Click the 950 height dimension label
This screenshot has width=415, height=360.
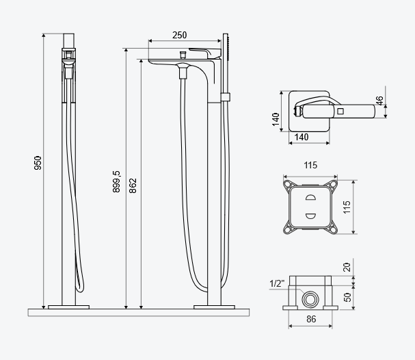click(x=38, y=162)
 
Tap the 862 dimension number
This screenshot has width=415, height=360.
click(x=133, y=185)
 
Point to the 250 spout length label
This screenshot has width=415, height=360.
click(x=179, y=36)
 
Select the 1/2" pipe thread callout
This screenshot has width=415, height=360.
click(x=277, y=283)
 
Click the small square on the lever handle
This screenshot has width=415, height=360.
click(x=340, y=109)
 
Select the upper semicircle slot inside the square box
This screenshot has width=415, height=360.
click(x=310, y=198)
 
